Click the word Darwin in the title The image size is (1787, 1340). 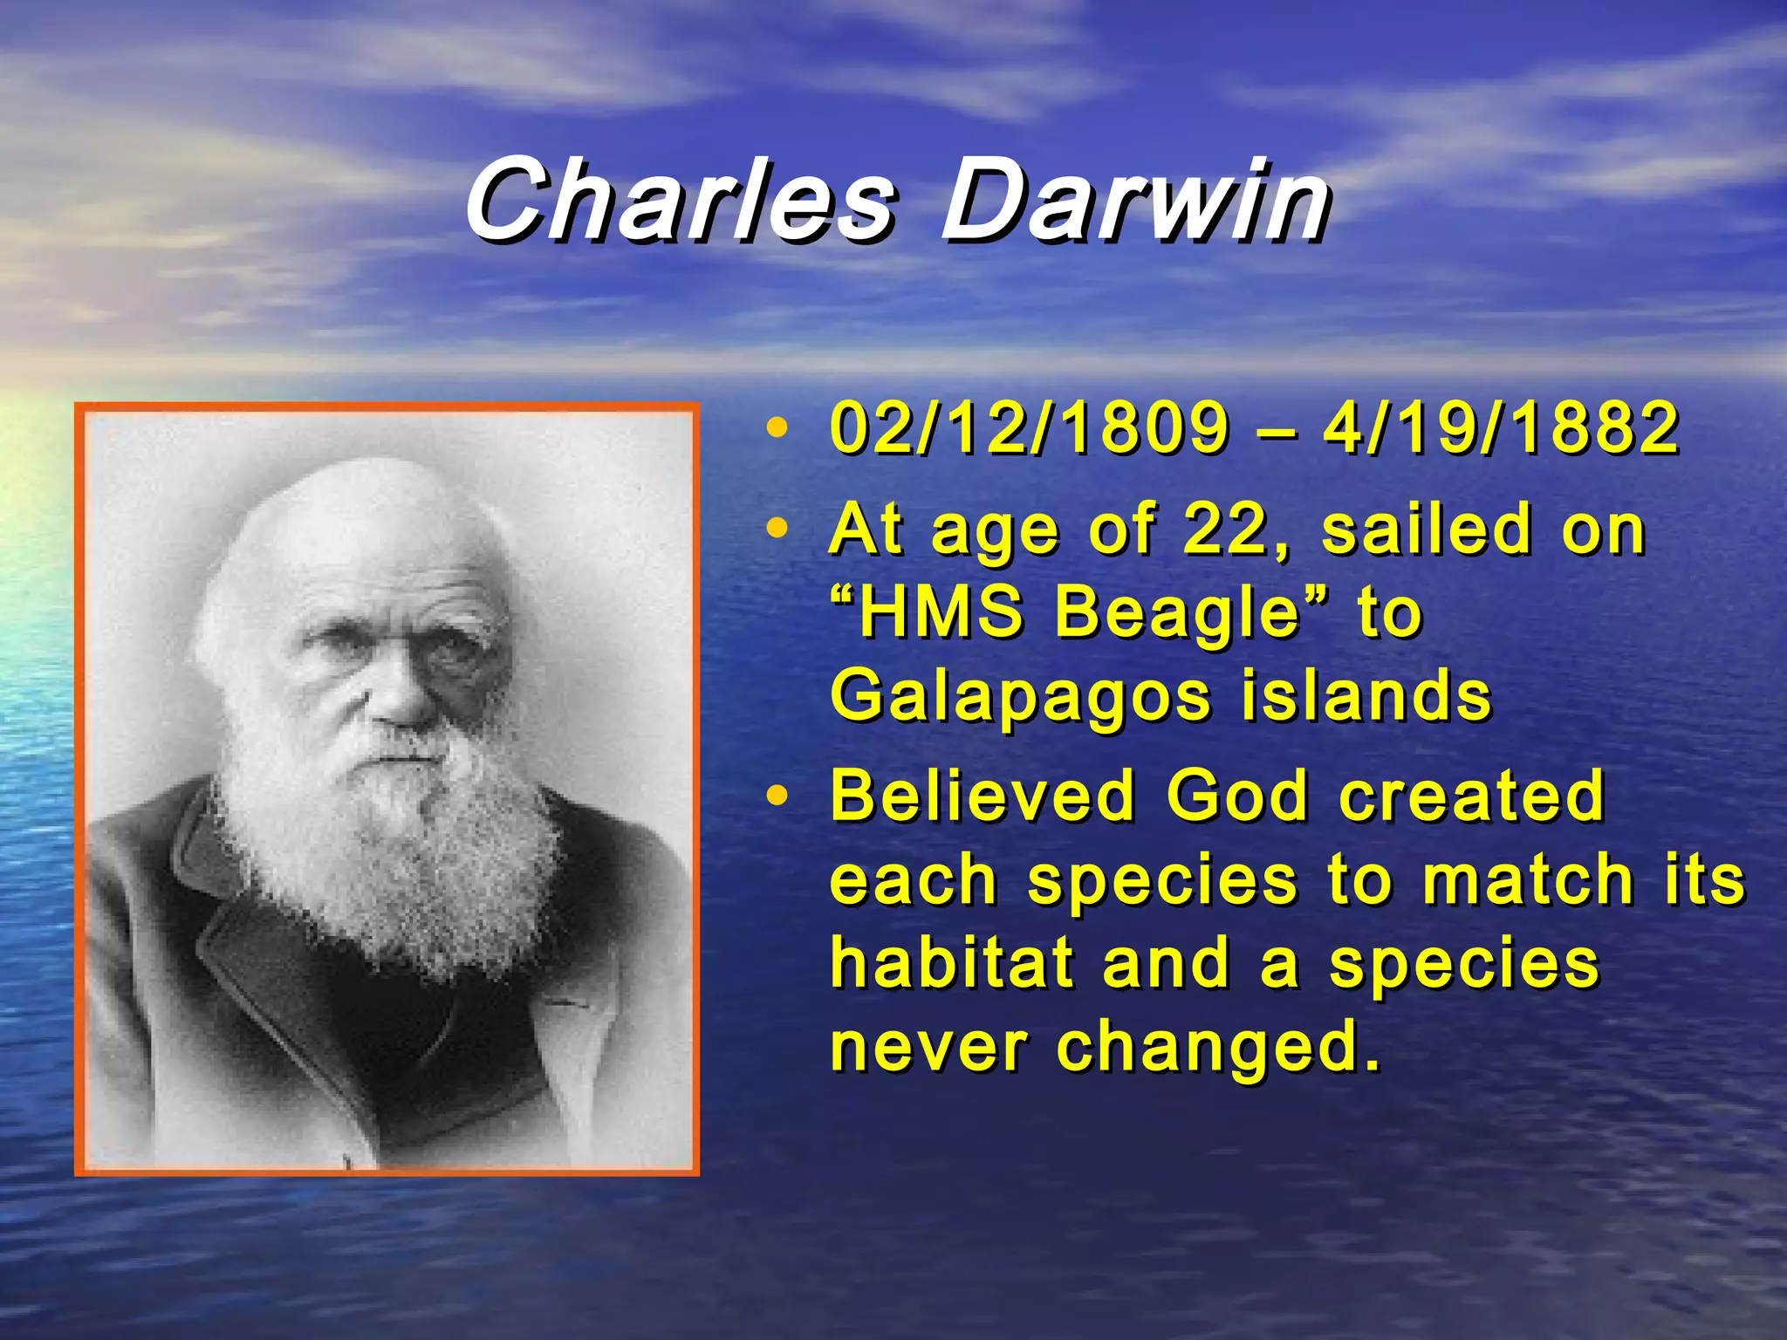pyautogui.click(x=1134, y=202)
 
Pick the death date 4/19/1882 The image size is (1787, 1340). pyautogui.click(x=1501, y=429)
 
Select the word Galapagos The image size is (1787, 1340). pyautogui.click(x=1021, y=698)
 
